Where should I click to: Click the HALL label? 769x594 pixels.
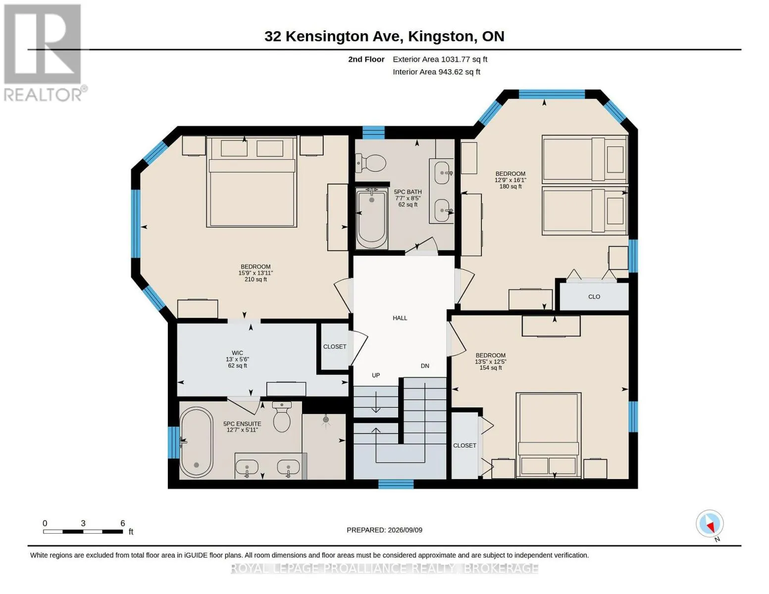[x=400, y=318]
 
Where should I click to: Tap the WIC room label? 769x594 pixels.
[x=238, y=353]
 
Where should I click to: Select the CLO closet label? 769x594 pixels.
[x=594, y=297]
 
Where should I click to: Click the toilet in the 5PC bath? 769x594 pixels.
[x=370, y=163]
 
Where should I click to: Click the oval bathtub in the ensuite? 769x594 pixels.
[x=196, y=442]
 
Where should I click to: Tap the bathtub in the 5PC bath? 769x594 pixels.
[x=371, y=218]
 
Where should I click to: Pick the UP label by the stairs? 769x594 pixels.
[x=376, y=375]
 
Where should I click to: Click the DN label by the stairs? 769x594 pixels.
[x=425, y=366]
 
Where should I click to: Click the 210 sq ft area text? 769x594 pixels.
[x=256, y=280]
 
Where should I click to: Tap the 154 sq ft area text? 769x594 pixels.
[x=491, y=368]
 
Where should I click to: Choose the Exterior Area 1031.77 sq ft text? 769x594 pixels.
[x=440, y=59]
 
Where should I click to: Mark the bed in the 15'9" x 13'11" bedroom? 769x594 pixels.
[x=252, y=182]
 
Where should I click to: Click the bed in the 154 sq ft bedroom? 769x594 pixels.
[x=549, y=435]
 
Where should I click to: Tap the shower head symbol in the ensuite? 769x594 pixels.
[x=326, y=420]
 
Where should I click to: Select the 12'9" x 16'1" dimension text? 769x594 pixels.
[x=511, y=180]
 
